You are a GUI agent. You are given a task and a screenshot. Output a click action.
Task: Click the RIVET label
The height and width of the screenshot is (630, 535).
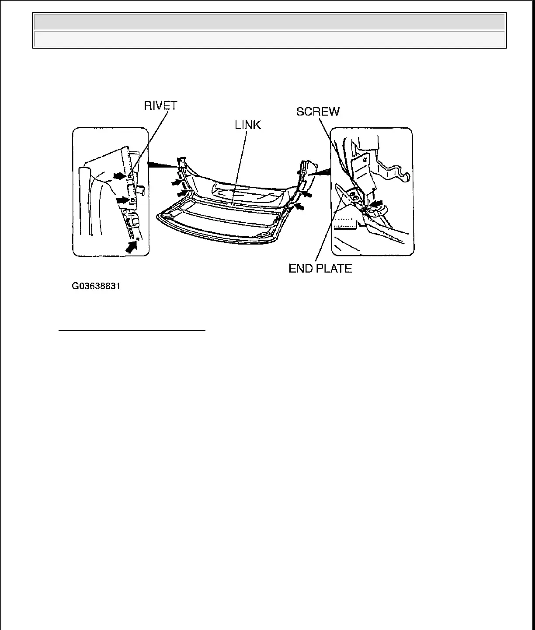[161, 106]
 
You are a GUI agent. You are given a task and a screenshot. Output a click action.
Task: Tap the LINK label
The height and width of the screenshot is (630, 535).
[248, 125]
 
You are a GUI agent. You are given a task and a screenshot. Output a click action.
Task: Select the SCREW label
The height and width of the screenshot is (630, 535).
[318, 112]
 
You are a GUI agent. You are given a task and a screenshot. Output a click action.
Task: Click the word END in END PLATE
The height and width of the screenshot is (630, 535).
[300, 268]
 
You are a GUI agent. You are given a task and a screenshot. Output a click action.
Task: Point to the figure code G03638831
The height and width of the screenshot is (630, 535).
[96, 287]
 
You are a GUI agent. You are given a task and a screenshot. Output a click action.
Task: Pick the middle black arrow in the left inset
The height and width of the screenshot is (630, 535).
[123, 199]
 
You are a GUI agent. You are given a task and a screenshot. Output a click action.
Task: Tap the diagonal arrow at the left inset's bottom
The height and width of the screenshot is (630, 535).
[132, 246]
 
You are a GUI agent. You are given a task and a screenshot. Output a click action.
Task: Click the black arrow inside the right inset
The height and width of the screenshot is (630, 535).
[376, 203]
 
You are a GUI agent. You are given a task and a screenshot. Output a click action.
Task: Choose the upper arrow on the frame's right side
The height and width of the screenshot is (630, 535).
[308, 193]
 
